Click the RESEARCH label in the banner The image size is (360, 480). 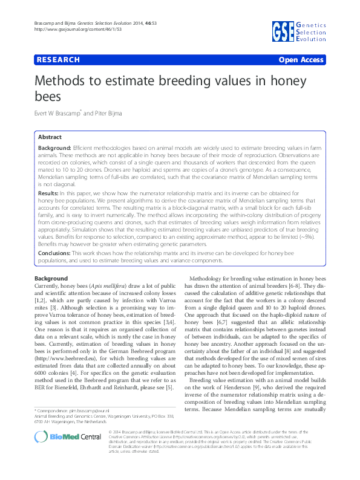pos(59,60)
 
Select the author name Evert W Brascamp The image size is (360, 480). pos(67,113)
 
